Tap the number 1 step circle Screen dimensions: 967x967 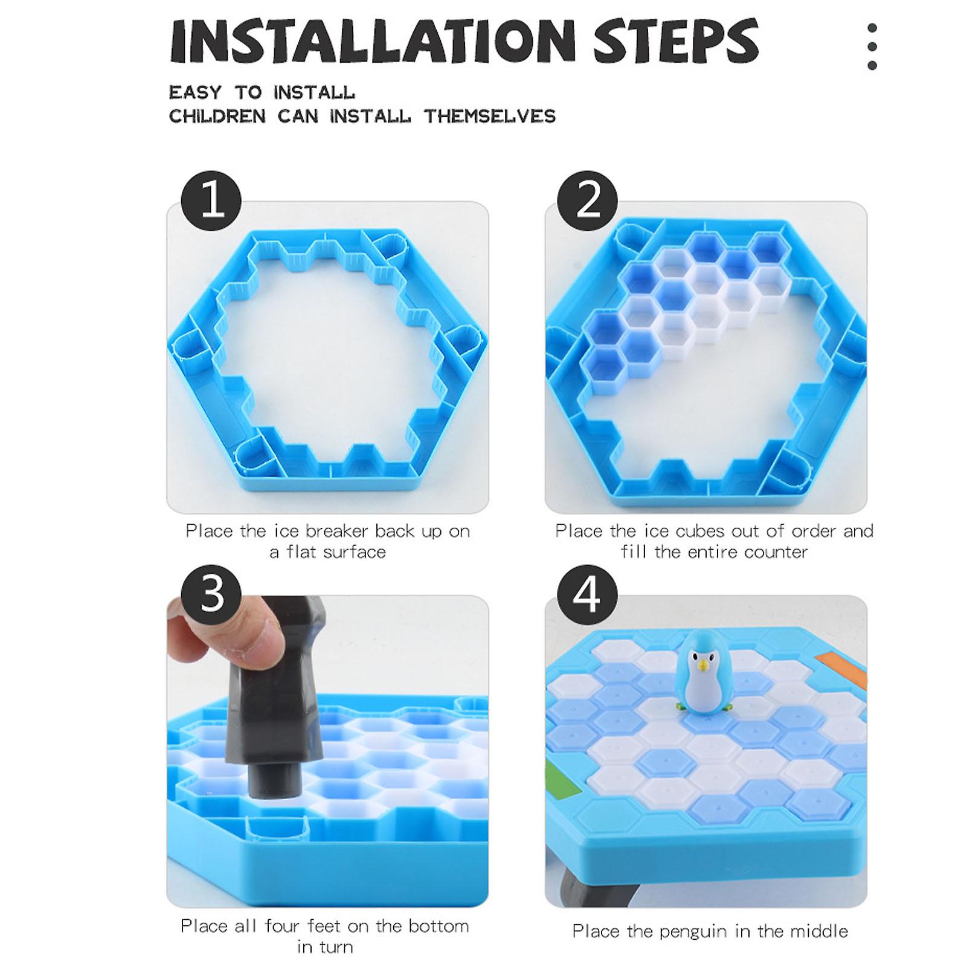[x=211, y=201]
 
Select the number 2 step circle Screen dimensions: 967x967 [x=587, y=201]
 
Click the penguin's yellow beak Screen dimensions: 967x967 [x=702, y=666]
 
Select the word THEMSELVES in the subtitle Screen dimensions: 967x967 [x=489, y=116]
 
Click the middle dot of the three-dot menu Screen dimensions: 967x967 [x=872, y=47]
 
